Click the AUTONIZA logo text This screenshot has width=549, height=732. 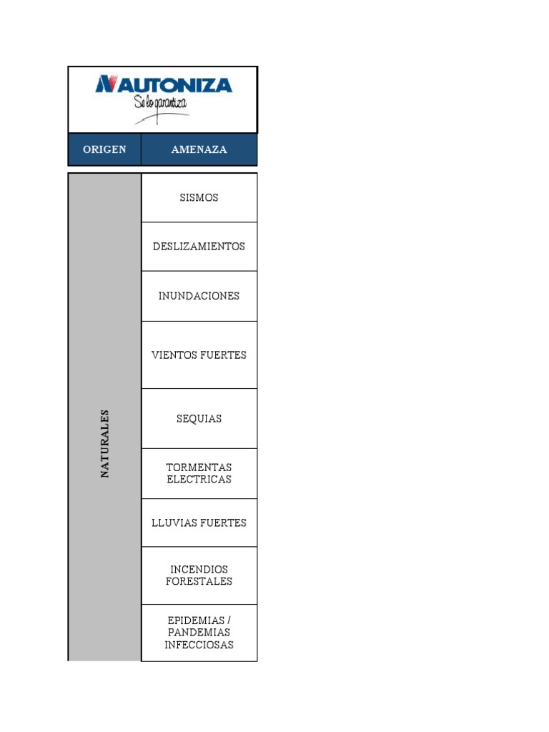[172, 85]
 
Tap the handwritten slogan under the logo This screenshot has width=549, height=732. [161, 104]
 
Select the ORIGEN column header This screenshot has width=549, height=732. [104, 149]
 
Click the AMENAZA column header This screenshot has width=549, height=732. [199, 149]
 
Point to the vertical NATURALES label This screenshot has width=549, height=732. [104, 443]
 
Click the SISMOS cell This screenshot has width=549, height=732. [199, 197]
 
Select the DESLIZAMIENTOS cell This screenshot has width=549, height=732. [199, 246]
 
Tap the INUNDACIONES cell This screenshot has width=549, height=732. [199, 296]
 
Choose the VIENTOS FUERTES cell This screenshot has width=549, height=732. [199, 355]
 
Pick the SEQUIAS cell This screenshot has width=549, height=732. [199, 418]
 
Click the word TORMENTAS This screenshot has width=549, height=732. [199, 467]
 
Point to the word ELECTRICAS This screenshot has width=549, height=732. [199, 479]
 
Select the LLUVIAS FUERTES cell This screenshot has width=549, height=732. [199, 523]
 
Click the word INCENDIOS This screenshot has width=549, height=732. [199, 569]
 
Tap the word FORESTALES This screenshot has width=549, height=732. [199, 581]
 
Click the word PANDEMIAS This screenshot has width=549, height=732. [199, 632]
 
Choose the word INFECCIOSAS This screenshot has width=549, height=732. [199, 645]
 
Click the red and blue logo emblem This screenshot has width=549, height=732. [106, 84]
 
